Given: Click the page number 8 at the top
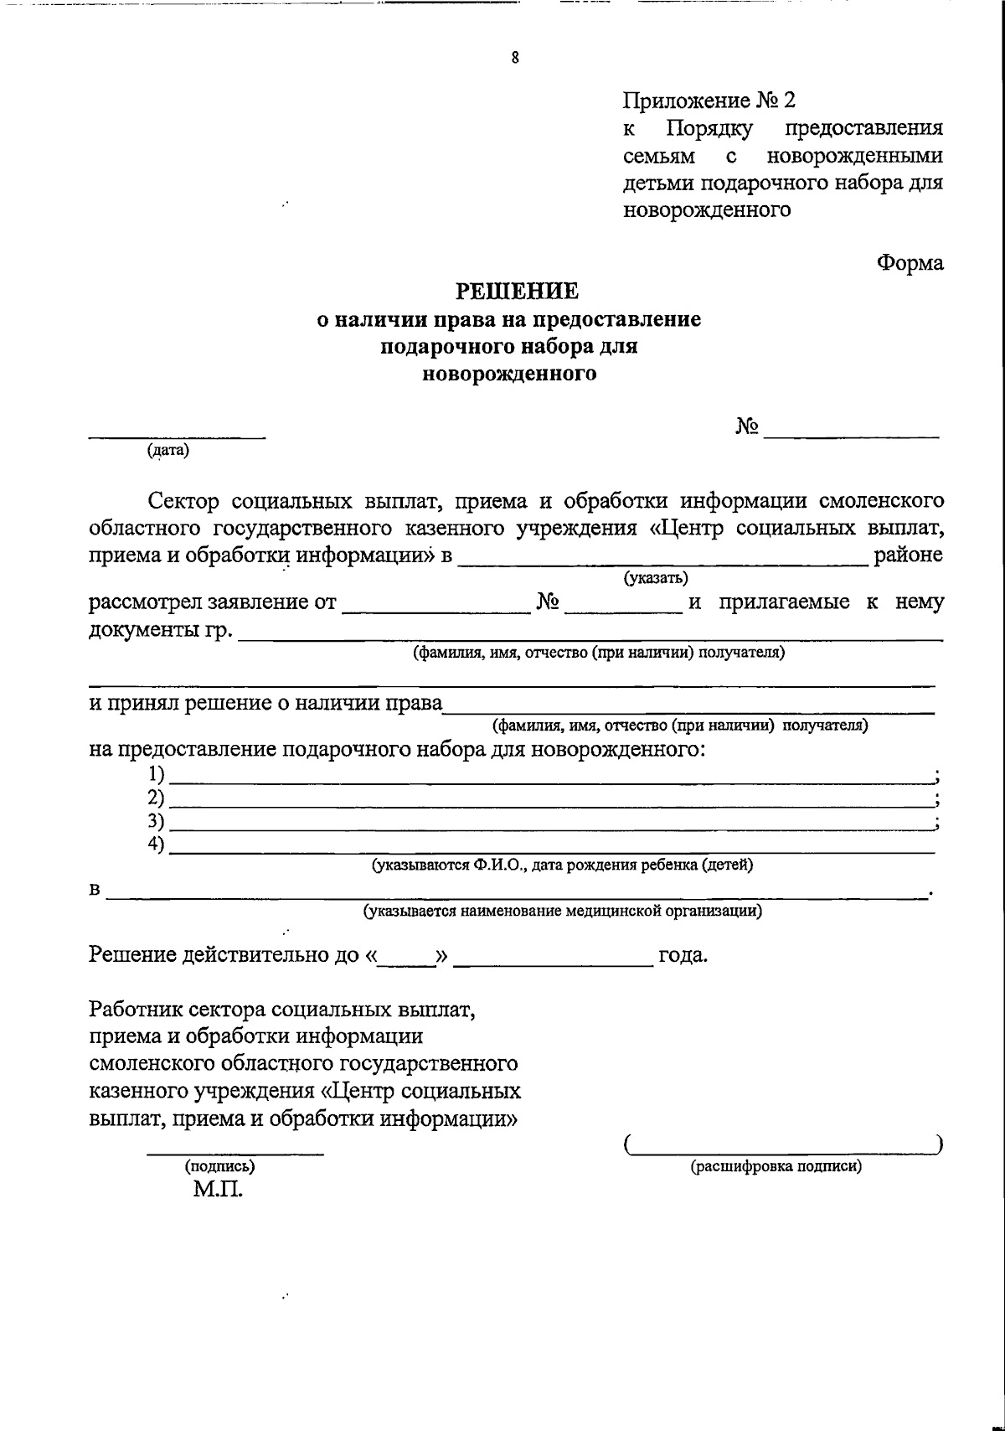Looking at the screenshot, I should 514,58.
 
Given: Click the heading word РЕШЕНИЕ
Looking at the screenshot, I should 516,291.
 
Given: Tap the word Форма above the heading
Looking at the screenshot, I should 910,263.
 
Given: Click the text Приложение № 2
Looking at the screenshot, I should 709,101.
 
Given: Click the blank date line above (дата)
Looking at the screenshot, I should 177,434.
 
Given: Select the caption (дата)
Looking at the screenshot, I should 168,451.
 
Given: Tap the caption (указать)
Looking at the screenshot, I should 656,578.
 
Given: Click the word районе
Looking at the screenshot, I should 908,555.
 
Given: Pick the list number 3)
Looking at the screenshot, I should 156,820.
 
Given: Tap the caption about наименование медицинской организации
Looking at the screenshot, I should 562,911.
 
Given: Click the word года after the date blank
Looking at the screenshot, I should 683,955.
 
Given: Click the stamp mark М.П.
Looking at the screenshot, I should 217,1190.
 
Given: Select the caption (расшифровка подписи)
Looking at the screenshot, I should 776,1166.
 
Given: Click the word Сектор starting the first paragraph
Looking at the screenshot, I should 183,501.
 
